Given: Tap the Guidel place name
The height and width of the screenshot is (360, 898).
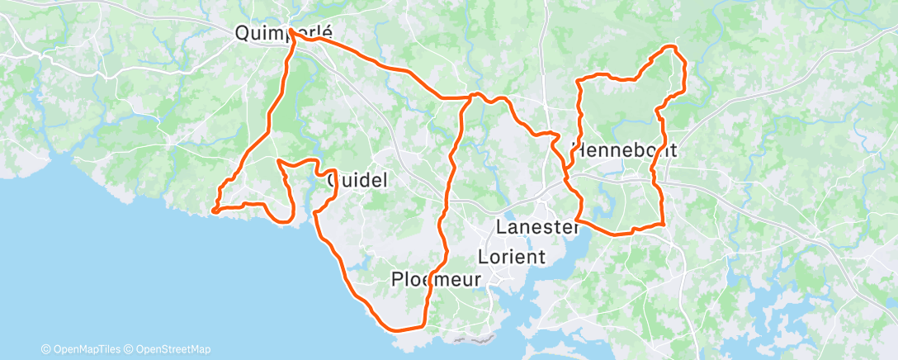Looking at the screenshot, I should pos(357,179).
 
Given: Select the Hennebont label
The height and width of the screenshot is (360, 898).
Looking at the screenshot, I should pos(625,151).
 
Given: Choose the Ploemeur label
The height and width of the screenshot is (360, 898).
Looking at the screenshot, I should pos(435,280).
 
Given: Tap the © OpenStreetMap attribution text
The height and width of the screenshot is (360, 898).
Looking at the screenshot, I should pos(169,349).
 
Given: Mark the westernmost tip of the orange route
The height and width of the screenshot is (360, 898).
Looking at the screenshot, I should pos(213,211).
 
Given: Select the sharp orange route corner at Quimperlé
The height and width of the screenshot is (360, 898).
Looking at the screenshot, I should pos(291,31).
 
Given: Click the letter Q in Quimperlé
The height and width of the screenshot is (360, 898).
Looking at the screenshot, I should pos(242,33).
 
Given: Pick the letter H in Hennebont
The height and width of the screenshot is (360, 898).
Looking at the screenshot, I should pos(577,151).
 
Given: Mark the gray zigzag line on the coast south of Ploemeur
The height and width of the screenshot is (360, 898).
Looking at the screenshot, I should pos(473,339).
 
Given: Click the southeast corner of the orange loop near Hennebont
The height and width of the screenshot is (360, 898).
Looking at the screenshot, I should pos(664,223).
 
